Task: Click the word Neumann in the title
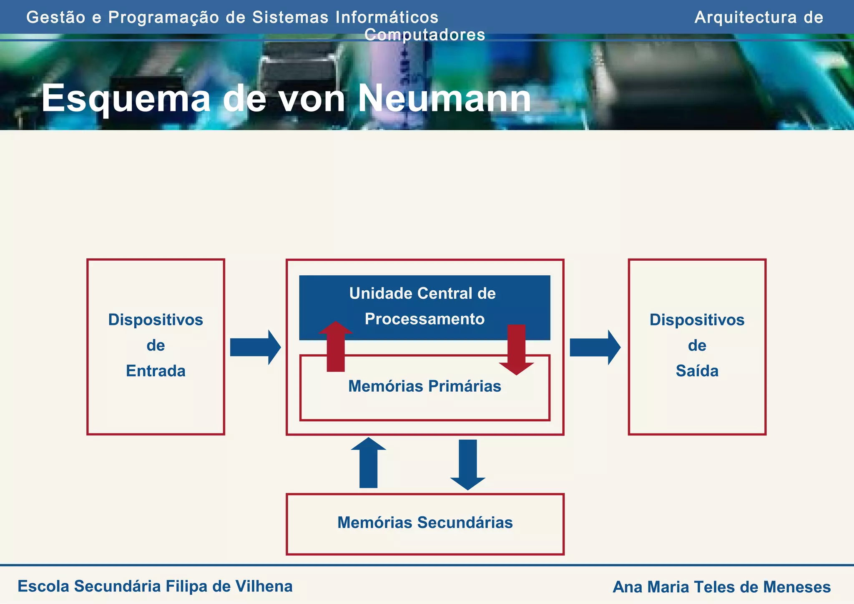tap(444, 98)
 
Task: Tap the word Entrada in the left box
tap(156, 371)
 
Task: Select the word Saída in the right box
tap(697, 371)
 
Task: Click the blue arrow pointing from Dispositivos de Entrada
tap(255, 347)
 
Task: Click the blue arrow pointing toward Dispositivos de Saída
tap(595, 347)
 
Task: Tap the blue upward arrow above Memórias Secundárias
tap(368, 463)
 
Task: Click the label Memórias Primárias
tap(424, 386)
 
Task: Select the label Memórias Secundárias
tap(424, 523)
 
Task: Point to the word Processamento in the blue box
tap(424, 319)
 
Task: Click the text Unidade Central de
tap(422, 294)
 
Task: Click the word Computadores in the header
tap(424, 35)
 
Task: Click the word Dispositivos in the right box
tap(697, 320)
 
